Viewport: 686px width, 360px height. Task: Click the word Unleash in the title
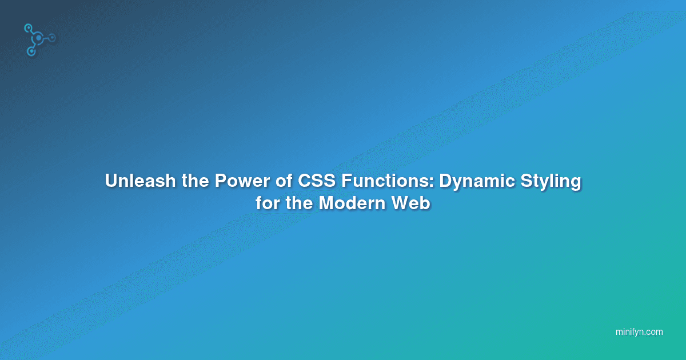coord(140,181)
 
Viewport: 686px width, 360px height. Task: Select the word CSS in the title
coord(317,181)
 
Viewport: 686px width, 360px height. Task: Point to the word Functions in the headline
coord(386,181)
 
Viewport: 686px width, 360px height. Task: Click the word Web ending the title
coord(410,203)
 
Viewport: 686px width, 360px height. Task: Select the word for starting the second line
coord(268,203)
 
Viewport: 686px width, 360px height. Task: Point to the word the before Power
coord(195,181)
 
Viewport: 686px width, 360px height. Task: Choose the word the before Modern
coord(299,203)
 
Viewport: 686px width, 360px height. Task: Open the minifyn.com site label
coord(639,332)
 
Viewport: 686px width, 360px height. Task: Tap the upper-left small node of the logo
coord(28,29)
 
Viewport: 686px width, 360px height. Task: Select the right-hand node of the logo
coord(53,38)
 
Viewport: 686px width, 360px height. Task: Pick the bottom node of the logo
coord(31,51)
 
